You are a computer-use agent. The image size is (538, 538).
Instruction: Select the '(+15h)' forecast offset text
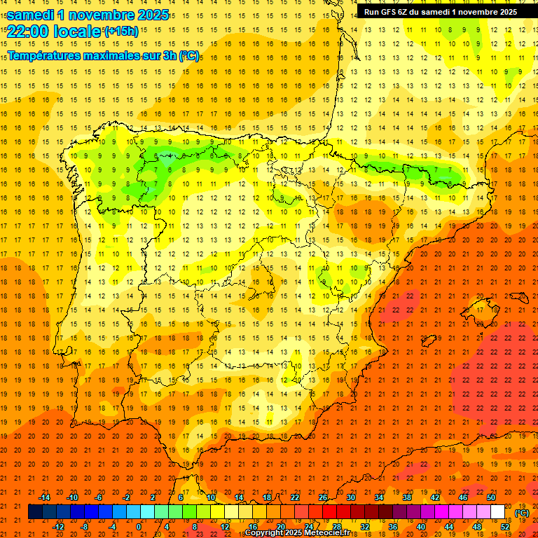click(x=121, y=31)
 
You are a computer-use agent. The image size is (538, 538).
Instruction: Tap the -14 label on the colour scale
click(x=44, y=497)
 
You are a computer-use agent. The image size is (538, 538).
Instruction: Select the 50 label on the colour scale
click(x=491, y=497)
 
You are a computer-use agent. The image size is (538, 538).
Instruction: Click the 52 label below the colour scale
click(x=505, y=527)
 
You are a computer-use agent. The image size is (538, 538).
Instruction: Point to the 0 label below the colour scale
click(x=139, y=527)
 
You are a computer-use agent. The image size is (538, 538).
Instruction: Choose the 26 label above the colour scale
click(x=323, y=497)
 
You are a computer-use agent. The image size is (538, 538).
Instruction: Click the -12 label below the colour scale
click(x=58, y=527)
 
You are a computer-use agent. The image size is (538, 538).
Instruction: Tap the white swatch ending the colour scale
click(x=498, y=512)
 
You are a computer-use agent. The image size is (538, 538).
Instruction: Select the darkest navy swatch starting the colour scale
click(x=35, y=512)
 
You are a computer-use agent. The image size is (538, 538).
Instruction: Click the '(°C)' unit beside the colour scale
click(x=522, y=513)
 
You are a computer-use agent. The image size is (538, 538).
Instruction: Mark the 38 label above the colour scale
click(x=407, y=497)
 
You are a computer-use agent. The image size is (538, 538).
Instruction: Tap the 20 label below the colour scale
click(x=281, y=527)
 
